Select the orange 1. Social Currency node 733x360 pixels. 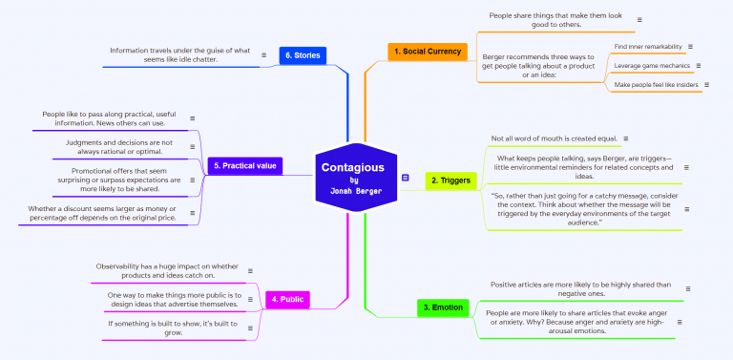pos(427,51)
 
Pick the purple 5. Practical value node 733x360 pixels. pos(245,165)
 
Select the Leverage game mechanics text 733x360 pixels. pos(652,66)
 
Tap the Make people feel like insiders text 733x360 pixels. pos(656,85)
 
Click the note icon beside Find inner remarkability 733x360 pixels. pos(690,46)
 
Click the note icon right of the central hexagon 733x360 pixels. pos(406,178)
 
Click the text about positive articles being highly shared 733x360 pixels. pos(581,288)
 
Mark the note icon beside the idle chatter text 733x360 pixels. pos(263,55)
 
